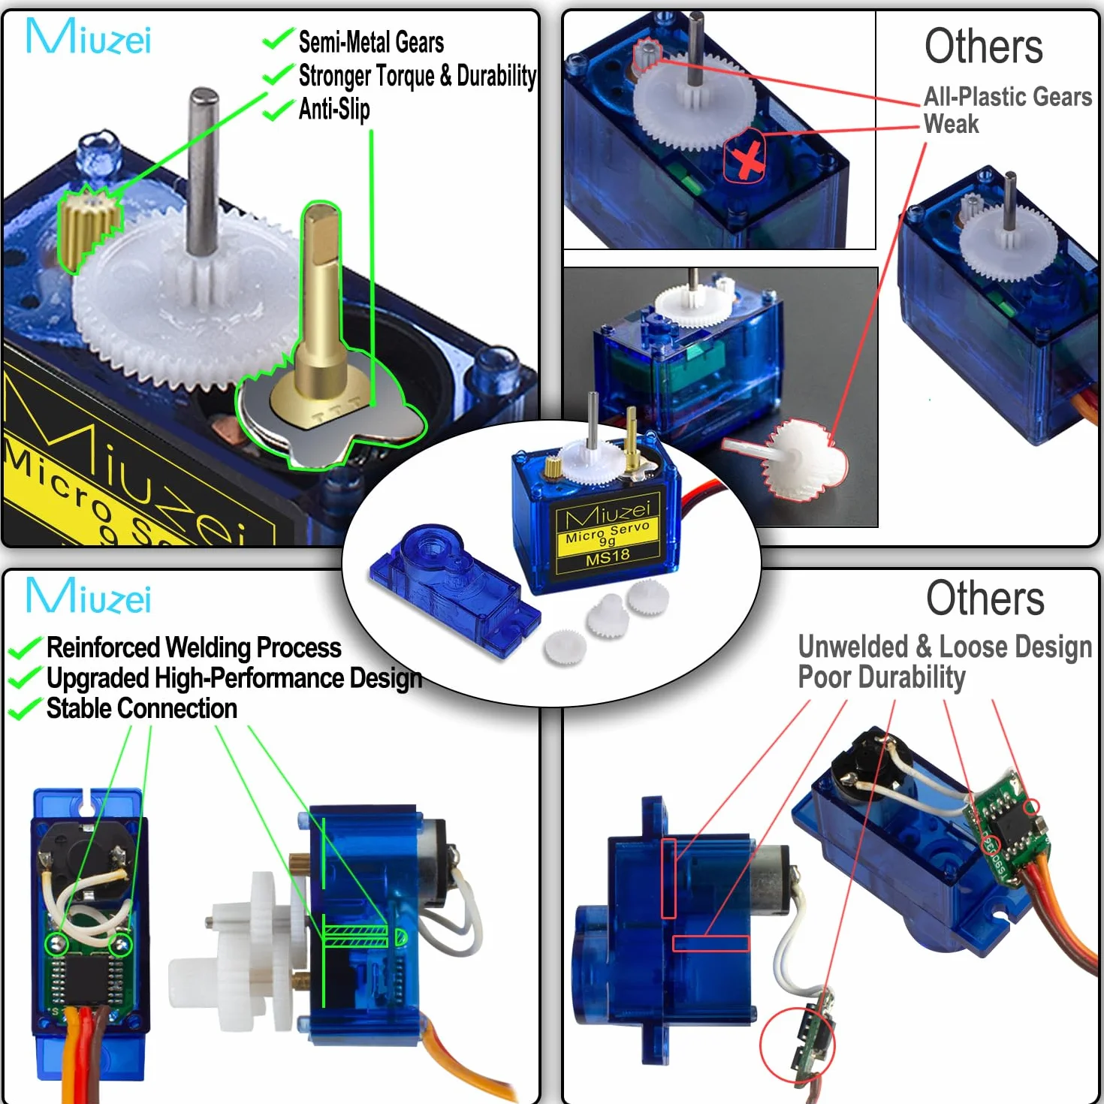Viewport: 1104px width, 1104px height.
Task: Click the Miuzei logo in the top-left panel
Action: click(89, 36)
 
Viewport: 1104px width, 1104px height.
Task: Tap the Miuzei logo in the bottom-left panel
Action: click(89, 596)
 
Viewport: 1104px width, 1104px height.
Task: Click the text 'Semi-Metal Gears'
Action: click(371, 42)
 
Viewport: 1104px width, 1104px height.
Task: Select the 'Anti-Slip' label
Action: click(334, 109)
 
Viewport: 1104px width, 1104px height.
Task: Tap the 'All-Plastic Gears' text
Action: click(1008, 96)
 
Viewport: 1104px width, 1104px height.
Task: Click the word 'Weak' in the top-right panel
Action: click(951, 124)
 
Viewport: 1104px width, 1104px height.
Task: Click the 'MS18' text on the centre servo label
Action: click(608, 557)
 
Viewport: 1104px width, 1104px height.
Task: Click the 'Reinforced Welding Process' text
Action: click(194, 647)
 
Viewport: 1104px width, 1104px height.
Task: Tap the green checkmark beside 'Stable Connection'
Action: click(26, 709)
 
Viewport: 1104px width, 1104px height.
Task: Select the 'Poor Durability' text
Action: click(881, 677)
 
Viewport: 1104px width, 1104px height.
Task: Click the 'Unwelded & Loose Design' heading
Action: click(945, 646)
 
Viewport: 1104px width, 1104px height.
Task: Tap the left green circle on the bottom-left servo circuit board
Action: click(57, 943)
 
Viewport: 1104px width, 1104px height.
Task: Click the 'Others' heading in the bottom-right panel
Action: click(985, 598)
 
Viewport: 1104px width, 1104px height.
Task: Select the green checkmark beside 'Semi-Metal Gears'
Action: click(279, 40)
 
